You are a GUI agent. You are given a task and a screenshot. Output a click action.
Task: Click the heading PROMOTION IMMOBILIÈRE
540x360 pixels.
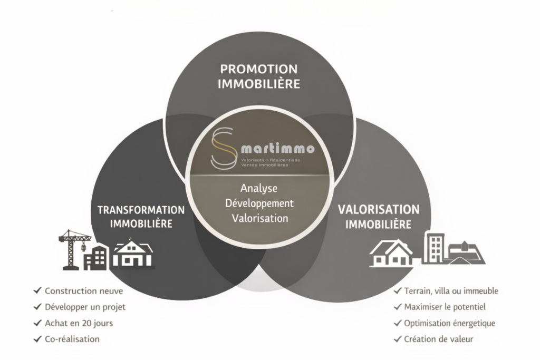coord(259,76)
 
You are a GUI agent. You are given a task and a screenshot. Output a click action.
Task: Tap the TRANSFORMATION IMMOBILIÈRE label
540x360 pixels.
coord(141,216)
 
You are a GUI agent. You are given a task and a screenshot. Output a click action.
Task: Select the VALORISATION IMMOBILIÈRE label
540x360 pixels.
coord(378,217)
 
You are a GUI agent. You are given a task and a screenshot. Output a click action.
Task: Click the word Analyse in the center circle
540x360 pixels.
coord(258,188)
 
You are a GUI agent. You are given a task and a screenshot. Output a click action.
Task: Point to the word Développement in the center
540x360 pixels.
coord(259,203)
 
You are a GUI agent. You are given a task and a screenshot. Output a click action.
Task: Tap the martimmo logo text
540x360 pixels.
coord(276,149)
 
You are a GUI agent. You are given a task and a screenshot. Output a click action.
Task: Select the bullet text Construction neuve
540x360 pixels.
coord(84,291)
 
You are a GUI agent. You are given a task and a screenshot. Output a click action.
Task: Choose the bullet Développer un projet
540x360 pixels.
coord(85,307)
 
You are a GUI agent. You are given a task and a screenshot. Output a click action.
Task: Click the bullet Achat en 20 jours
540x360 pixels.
coord(79,323)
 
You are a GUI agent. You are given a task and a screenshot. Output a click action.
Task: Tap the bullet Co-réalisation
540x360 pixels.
coord(72,339)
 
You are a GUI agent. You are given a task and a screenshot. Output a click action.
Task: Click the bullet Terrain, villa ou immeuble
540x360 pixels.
coord(451,291)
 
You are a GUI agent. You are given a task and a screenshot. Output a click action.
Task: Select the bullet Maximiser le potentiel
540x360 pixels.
coord(445,307)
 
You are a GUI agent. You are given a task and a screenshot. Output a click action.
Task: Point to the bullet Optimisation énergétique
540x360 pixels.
coord(449,323)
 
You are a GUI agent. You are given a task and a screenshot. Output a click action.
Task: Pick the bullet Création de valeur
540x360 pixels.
coord(438,339)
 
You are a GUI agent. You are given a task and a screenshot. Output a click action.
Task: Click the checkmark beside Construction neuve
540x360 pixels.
coord(37,291)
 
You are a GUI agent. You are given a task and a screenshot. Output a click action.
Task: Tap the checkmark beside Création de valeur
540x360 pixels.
coord(397,339)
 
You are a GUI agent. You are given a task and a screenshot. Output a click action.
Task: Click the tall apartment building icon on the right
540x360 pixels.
coord(433,248)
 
